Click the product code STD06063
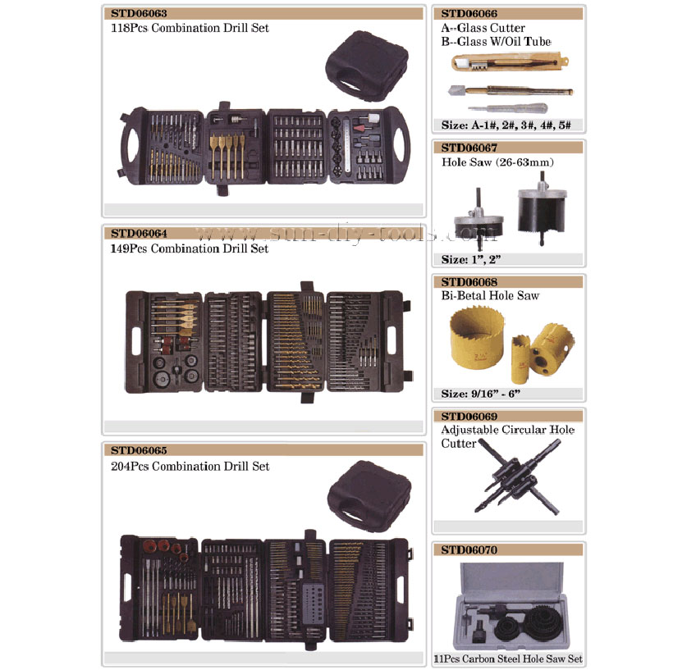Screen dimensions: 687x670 [139, 13]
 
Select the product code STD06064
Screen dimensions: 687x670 [139, 233]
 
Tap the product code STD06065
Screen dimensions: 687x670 [139, 450]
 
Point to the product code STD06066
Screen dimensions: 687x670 [469, 14]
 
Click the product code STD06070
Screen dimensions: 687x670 [469, 549]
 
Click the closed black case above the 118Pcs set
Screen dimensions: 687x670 [367, 65]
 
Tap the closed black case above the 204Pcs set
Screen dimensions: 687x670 [369, 495]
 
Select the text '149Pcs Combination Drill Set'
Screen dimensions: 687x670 [190, 248]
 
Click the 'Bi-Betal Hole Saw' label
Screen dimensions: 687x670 [490, 295]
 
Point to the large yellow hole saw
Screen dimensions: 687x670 [477, 335]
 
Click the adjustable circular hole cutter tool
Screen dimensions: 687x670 [516, 477]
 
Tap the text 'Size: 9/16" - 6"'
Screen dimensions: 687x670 [481, 394]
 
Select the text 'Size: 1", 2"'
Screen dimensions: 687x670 [471, 259]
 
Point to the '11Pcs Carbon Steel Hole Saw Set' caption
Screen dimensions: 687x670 [508, 659]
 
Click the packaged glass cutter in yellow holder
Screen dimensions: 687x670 [510, 62]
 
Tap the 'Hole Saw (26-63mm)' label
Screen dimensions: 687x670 [497, 162]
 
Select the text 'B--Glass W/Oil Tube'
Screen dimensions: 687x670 [496, 42]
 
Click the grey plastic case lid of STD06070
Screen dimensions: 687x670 [511, 581]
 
